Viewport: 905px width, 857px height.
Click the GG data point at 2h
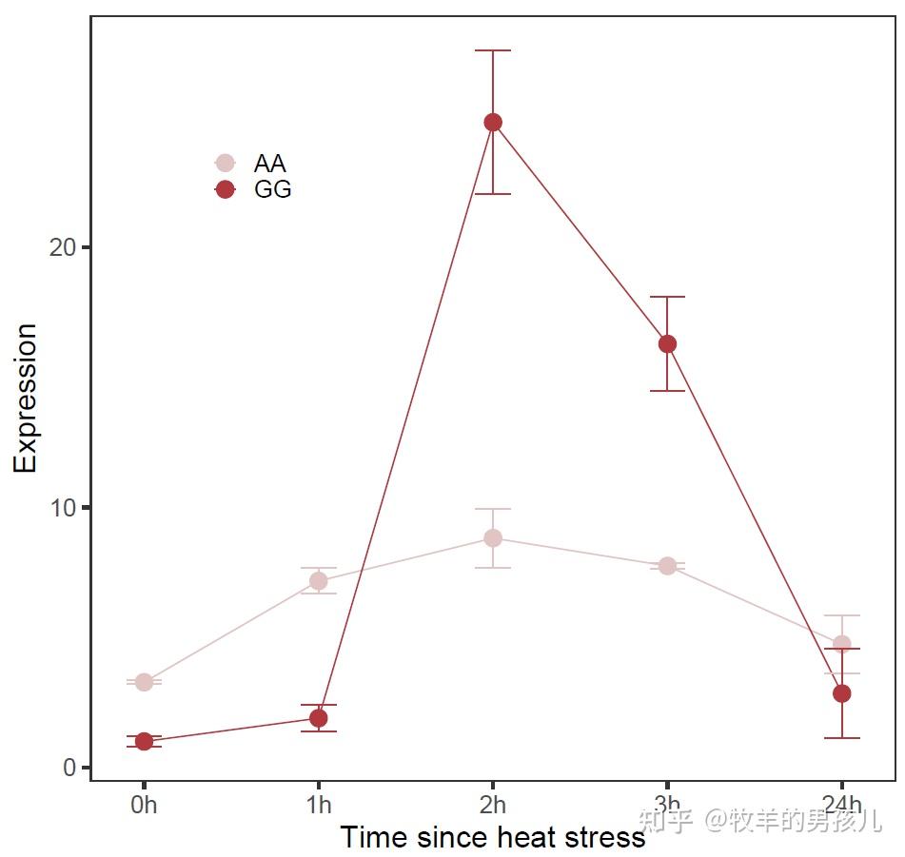pos(493,122)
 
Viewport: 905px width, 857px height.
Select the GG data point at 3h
pos(667,343)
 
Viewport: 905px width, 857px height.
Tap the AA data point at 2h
pos(493,537)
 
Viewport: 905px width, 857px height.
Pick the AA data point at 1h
pos(319,581)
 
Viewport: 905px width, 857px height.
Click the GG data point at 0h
pos(144,741)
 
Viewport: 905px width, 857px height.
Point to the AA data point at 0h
pos(144,682)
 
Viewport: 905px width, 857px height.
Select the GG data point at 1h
pos(319,718)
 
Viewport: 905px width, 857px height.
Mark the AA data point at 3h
pos(667,566)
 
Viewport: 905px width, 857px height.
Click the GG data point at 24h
pos(841,693)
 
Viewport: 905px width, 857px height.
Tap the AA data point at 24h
pos(841,645)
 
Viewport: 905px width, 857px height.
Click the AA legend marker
pos(225,164)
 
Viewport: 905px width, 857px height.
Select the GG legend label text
pos(272,189)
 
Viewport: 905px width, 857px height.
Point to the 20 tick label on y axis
pos(62,247)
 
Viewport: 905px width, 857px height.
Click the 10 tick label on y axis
pos(62,507)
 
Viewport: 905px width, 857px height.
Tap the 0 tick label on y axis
pos(70,768)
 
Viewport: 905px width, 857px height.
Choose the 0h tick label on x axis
pos(144,806)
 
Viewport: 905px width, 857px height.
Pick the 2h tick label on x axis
pos(493,806)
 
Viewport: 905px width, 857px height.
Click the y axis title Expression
pos(26,398)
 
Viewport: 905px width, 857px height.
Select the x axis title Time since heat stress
pos(492,838)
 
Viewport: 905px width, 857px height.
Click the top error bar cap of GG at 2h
pos(493,50)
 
